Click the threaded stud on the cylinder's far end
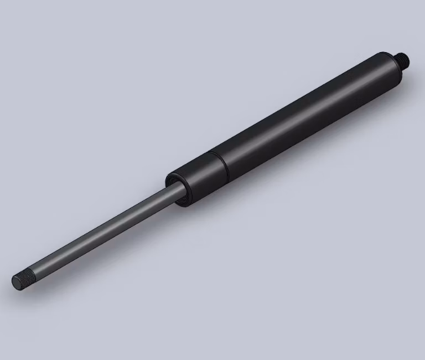[x=403, y=57]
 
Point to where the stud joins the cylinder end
[x=398, y=59]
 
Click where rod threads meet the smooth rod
[x=34, y=272]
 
